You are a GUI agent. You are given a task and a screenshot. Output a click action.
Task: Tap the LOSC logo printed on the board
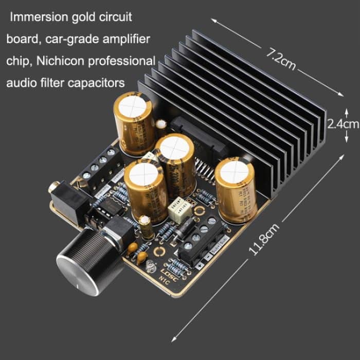tap(169, 273)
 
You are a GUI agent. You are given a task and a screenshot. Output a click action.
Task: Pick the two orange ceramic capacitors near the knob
tap(135, 250)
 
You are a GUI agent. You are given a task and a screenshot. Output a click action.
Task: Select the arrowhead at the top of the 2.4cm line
tap(346, 110)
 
